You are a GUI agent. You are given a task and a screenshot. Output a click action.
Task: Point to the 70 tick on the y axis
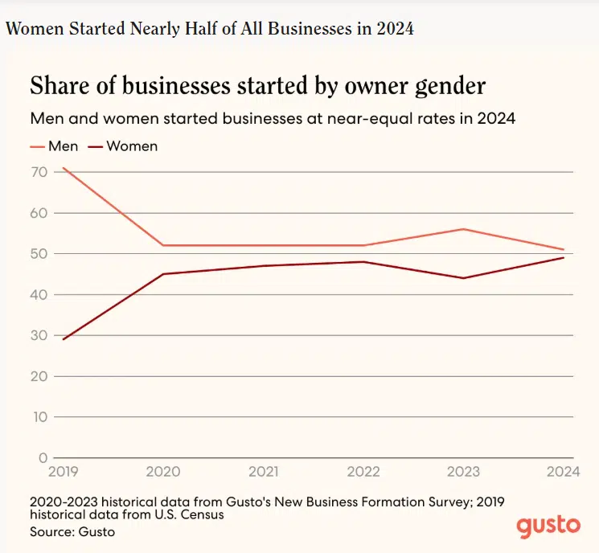(x=38, y=172)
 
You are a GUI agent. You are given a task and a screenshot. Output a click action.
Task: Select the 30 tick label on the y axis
(x=38, y=335)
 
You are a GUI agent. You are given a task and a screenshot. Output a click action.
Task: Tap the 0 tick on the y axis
(x=41, y=457)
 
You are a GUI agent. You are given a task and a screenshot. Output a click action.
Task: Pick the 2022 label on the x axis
(x=363, y=470)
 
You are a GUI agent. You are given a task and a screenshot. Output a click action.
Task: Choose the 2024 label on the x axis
(x=564, y=470)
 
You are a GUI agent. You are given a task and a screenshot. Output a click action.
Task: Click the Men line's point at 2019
(x=62, y=168)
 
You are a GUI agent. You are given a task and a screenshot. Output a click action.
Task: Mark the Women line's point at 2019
(x=62, y=339)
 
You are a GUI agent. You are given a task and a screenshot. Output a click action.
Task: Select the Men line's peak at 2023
(x=463, y=229)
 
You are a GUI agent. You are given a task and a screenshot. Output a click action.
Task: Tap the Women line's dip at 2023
(x=463, y=278)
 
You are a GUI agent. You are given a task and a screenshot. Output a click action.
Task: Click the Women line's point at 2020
(x=162, y=274)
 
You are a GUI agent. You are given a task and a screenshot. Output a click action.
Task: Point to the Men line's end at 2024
(x=564, y=249)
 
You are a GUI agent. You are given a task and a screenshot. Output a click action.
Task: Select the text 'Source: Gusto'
(x=73, y=532)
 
